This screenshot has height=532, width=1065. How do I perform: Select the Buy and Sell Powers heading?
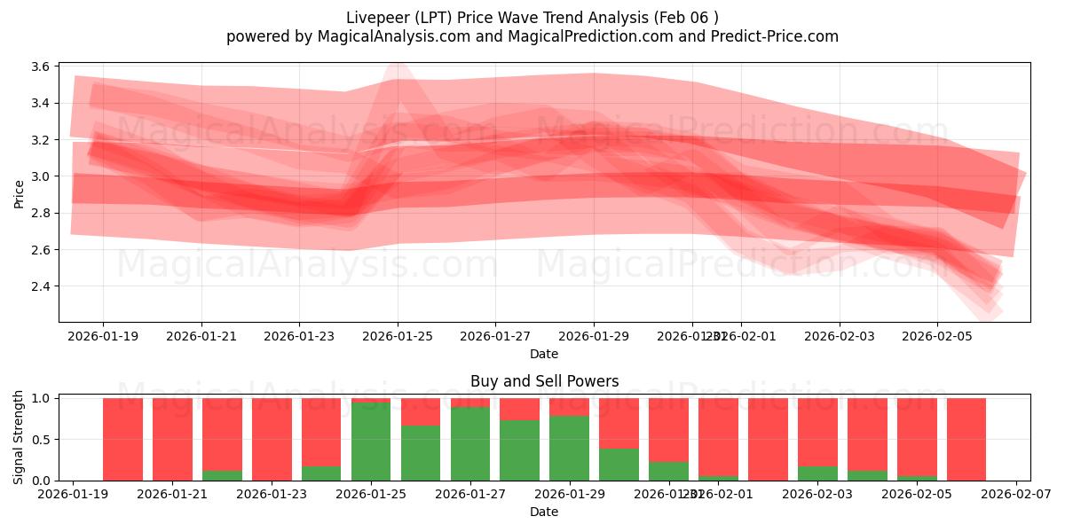544,381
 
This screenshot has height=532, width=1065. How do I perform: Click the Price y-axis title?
20,193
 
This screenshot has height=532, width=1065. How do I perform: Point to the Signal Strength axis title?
20,437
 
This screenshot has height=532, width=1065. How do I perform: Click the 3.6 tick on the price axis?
40,66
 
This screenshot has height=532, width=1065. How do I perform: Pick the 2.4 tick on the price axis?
40,286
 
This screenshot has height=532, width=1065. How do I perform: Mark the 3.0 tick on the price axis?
40,176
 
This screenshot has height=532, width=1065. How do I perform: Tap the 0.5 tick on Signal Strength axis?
40,440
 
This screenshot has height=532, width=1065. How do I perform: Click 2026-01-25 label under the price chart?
397,336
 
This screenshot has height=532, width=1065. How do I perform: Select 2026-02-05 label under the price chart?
937,336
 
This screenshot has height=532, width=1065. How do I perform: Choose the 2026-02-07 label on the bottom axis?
1015,494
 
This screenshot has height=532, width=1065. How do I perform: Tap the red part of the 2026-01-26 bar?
421,411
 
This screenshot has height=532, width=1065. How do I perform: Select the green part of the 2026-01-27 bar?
470,443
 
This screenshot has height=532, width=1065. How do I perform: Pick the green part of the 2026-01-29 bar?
569,448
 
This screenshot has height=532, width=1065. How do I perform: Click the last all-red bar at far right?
966,439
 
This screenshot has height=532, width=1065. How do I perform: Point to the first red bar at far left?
122,439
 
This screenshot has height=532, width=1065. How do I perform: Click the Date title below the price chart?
544,354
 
